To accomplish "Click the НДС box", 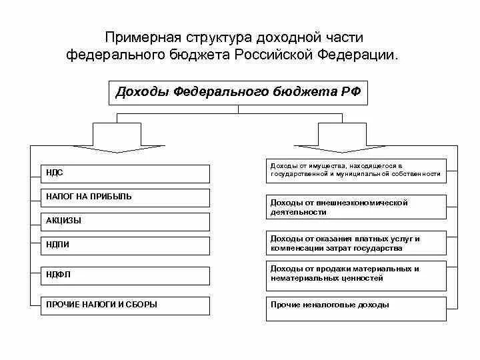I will coord(125,173).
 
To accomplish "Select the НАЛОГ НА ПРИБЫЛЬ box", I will coord(125,197).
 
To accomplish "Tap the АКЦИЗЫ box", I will coord(125,221).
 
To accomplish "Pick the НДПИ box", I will coord(125,245).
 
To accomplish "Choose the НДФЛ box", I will coord(125,275).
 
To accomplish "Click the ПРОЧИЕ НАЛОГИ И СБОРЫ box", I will coord(125,305).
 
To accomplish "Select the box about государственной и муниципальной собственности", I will coord(356,170).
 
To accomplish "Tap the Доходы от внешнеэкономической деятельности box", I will coord(356,207).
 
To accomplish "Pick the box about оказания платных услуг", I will coord(356,243).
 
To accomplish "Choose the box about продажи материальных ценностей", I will coord(356,273).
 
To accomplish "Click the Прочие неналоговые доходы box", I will coord(356,309).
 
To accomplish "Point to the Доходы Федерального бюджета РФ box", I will coord(238,93).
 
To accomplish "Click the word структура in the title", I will coord(217,38).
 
